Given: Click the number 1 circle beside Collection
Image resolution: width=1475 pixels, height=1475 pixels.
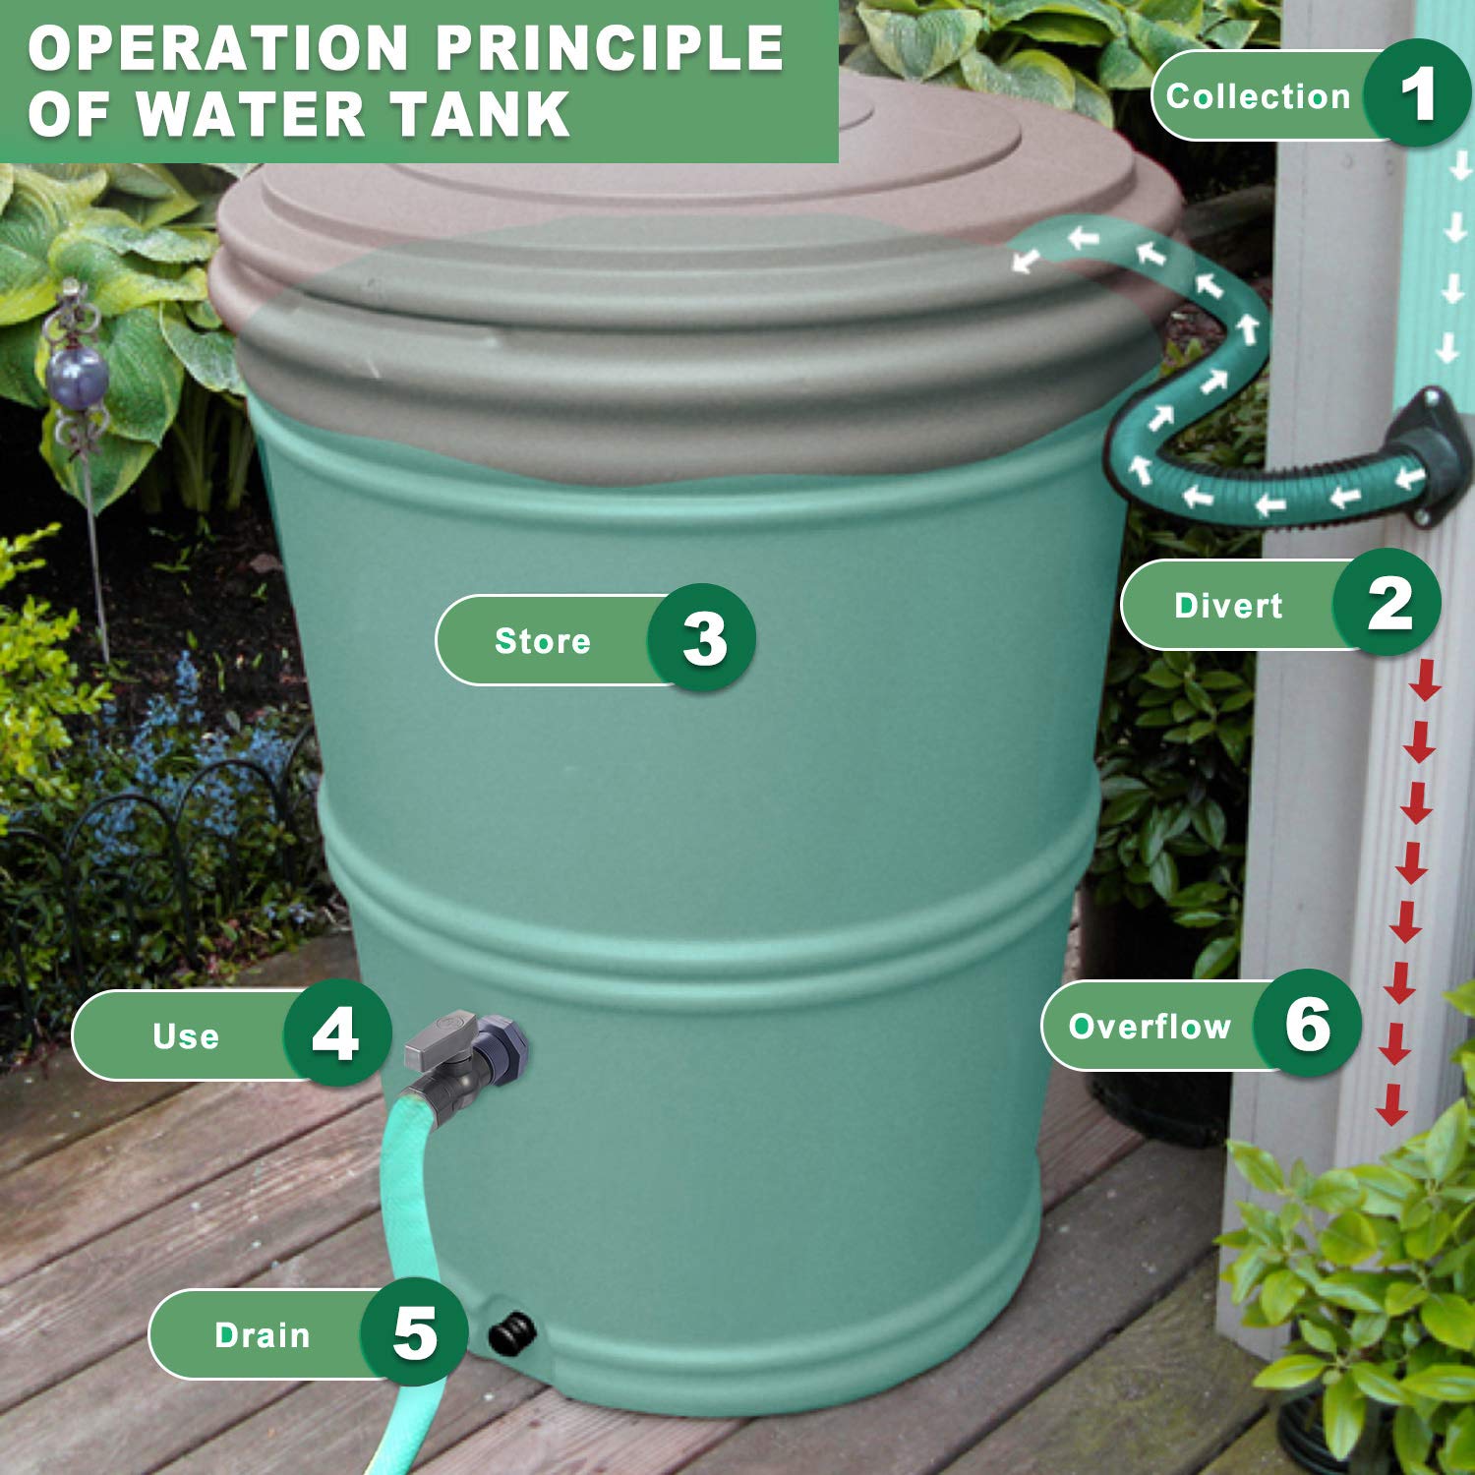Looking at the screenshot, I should [1417, 94].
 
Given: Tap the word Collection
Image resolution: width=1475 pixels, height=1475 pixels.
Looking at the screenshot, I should [1258, 96].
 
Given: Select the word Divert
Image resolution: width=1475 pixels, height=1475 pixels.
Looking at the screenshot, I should [1227, 606].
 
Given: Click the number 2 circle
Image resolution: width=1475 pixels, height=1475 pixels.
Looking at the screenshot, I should [1387, 604].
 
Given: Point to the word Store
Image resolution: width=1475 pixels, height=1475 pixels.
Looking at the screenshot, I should [542, 641].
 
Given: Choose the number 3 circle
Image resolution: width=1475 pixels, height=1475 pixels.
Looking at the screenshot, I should [703, 638].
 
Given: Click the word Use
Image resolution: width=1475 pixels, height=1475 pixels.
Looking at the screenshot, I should [185, 1036].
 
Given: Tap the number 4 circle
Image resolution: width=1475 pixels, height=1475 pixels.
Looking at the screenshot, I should [335, 1033].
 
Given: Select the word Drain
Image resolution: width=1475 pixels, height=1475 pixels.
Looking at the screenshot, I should [262, 1335].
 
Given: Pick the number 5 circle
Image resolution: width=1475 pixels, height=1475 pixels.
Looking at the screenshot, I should [414, 1333].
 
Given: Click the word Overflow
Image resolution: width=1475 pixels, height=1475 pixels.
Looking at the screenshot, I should [1149, 1027].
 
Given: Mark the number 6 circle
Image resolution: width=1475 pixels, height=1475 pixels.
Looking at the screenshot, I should [1307, 1024].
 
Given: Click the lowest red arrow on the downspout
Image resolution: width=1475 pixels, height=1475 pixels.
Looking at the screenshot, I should [1389, 1111].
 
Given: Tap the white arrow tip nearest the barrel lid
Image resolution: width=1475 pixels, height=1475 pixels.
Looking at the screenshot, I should [1025, 261].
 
